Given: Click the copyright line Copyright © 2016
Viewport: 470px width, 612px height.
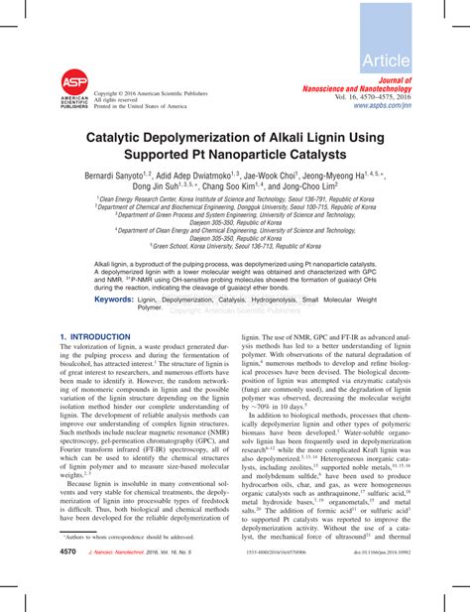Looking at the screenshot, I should click(x=149, y=94).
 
